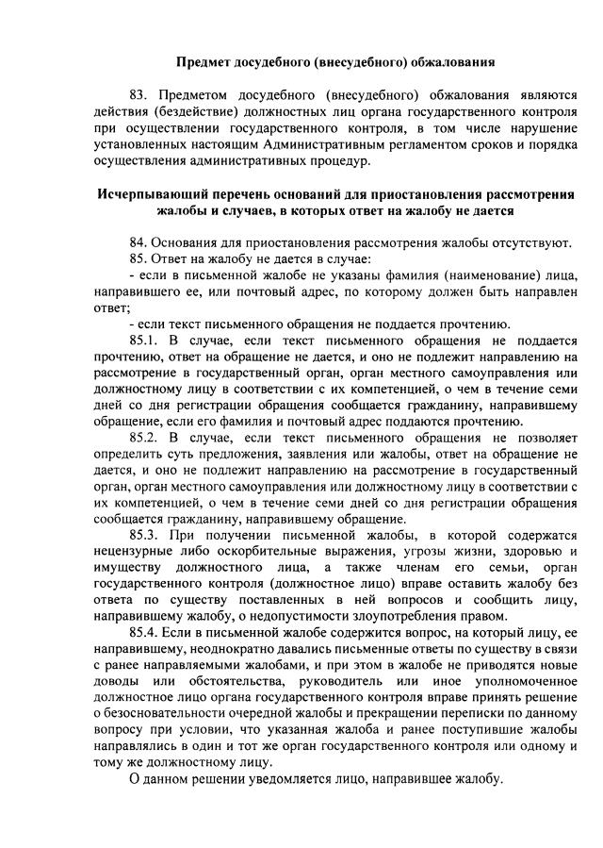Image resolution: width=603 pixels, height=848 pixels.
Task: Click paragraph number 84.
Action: pyautogui.click(x=139, y=242)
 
